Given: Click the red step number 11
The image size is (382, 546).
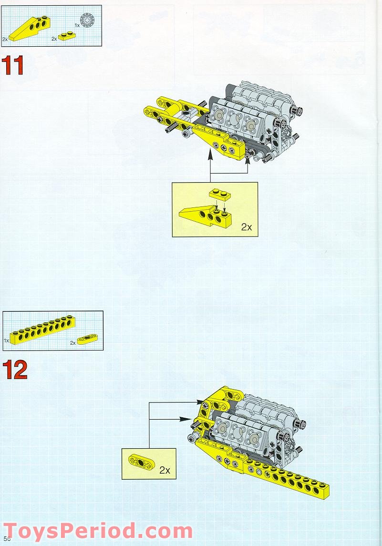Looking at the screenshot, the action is pyautogui.click(x=13, y=65).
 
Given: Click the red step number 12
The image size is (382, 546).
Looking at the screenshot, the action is pyautogui.click(x=15, y=370).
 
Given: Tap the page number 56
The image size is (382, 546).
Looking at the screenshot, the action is pyautogui.click(x=7, y=538).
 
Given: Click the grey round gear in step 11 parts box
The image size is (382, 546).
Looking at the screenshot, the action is pyautogui.click(x=87, y=20).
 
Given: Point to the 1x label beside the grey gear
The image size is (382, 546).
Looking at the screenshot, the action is pyautogui.click(x=77, y=25).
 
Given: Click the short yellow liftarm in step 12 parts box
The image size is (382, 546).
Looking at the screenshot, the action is pyautogui.click(x=86, y=339).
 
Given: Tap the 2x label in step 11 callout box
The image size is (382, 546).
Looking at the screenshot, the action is pyautogui.click(x=247, y=227).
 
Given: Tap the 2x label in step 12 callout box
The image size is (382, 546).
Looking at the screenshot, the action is pyautogui.click(x=165, y=470).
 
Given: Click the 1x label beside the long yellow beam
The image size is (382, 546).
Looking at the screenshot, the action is pyautogui.click(x=6, y=340).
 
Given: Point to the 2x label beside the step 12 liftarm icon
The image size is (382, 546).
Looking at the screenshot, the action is pyautogui.click(x=72, y=343).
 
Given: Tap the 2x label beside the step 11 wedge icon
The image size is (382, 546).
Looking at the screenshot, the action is pyautogui.click(x=5, y=40).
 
